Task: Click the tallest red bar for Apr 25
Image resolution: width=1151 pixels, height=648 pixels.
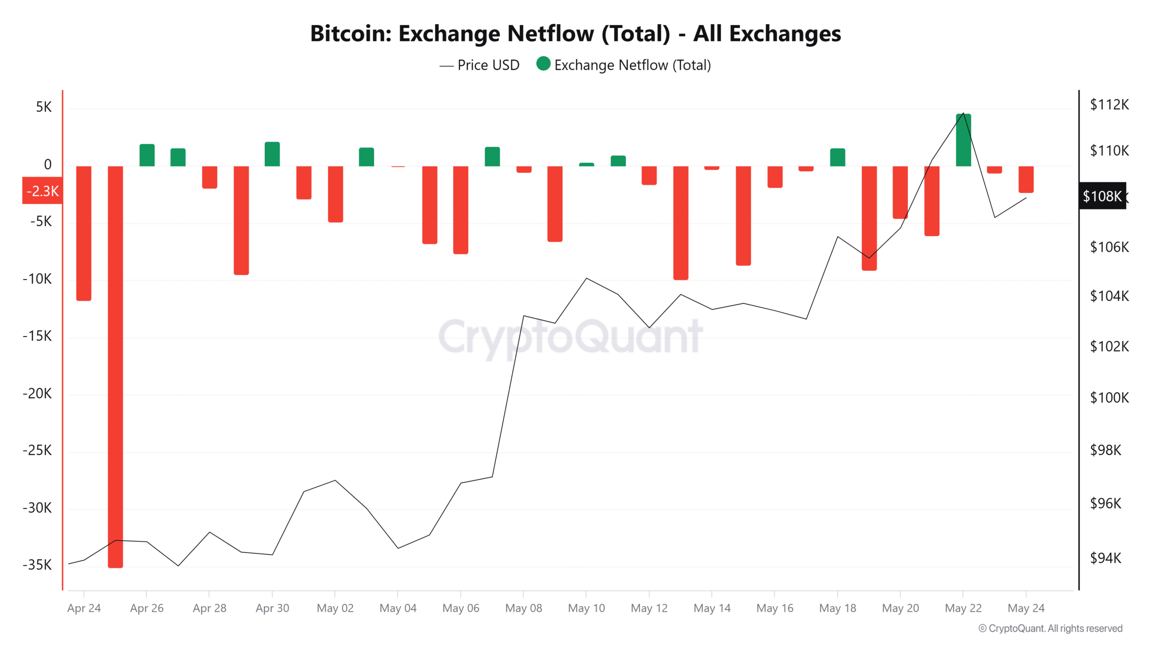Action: click(x=115, y=367)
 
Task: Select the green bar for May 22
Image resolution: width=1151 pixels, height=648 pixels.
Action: click(x=963, y=140)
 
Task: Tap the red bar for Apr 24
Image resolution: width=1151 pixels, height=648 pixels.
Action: click(x=84, y=233)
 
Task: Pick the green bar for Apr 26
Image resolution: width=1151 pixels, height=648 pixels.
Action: click(x=147, y=155)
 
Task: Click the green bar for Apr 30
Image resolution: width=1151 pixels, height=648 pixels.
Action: click(x=272, y=154)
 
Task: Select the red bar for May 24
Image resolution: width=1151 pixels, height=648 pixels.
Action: click(x=1026, y=179)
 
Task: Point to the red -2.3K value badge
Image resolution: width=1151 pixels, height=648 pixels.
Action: click(x=42, y=191)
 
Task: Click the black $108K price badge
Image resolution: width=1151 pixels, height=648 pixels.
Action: click(x=1102, y=196)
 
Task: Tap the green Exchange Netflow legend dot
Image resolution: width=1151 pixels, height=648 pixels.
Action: click(x=543, y=64)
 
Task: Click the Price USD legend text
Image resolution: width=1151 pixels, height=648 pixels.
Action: click(x=488, y=65)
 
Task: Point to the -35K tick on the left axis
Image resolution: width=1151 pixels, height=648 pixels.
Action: click(x=37, y=565)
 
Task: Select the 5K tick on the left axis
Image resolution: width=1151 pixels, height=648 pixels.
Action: click(x=44, y=107)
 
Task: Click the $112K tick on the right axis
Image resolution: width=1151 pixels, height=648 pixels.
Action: click(x=1109, y=105)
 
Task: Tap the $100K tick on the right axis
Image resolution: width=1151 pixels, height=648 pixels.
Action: click(x=1109, y=398)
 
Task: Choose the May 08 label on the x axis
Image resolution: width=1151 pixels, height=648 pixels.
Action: click(x=523, y=608)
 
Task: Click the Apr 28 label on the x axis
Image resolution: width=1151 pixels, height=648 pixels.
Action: click(x=210, y=608)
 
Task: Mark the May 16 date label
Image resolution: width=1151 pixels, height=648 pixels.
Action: click(x=775, y=608)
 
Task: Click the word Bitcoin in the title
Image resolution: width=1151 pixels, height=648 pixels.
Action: click(x=350, y=34)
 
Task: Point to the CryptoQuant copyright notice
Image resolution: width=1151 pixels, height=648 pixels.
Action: click(x=1050, y=628)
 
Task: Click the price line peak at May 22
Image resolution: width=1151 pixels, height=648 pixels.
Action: click(x=963, y=113)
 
